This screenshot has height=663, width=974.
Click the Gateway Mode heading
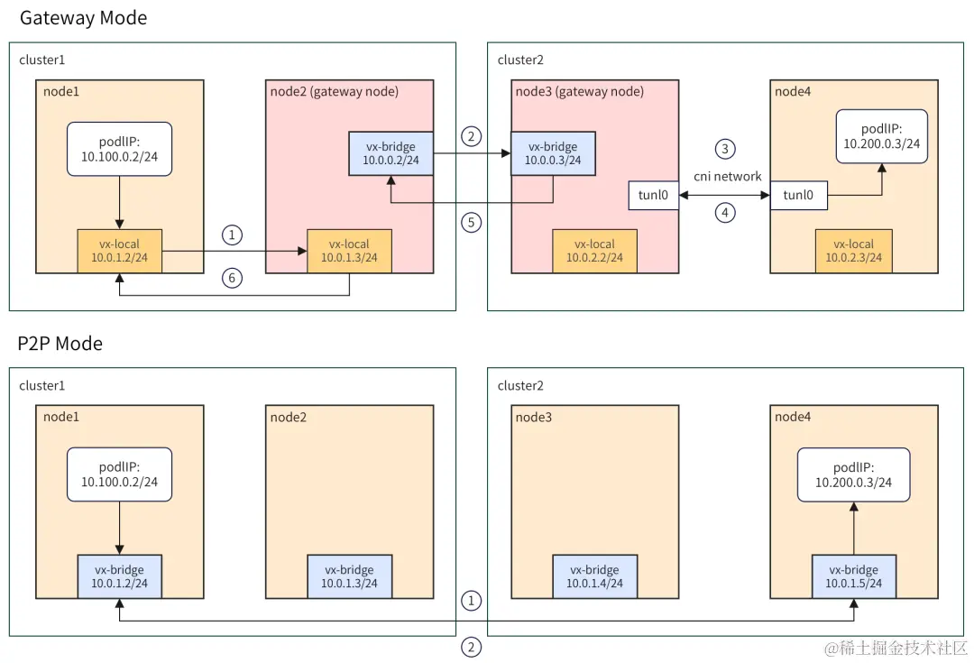(83, 18)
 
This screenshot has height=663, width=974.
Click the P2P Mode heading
(60, 344)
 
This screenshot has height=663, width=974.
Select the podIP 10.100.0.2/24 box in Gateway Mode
(119, 149)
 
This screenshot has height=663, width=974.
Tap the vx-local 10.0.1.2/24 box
(119, 251)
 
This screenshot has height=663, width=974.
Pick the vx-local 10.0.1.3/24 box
(349, 251)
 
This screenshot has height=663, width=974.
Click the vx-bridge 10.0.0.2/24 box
(391, 153)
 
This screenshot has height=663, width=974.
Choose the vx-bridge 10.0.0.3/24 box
(553, 153)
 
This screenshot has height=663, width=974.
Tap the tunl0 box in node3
(654, 195)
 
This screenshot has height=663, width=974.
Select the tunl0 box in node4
(798, 195)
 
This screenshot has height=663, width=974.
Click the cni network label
(728, 177)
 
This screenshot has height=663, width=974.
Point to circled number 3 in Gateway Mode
(725, 149)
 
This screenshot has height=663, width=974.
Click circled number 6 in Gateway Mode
(233, 278)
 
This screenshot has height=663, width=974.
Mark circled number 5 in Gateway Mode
(472, 223)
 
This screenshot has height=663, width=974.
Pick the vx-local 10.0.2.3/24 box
(853, 251)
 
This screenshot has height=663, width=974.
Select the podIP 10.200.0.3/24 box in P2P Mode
(853, 474)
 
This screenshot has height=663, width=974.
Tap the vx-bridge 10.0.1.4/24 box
(594, 576)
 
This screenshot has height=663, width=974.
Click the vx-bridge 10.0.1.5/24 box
(853, 576)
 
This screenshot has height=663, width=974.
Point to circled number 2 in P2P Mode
(472, 648)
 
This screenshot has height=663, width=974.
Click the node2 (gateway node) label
(335, 92)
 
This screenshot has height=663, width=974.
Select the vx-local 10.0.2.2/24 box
(594, 251)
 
